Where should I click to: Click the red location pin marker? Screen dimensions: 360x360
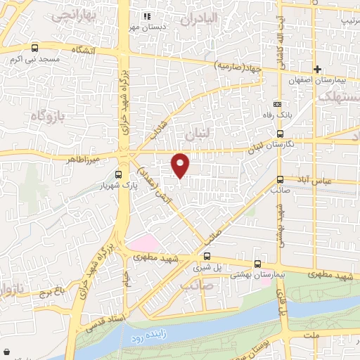point(181,165)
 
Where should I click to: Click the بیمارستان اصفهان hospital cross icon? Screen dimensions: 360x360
point(318,70)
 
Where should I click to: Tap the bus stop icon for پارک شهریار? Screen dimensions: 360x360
point(118,175)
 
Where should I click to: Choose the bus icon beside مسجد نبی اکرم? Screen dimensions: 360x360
point(35,49)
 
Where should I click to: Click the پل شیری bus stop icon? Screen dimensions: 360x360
point(207,257)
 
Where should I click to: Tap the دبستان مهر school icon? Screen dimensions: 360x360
point(147,16)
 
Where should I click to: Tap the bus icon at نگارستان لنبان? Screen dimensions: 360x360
point(281,133)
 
